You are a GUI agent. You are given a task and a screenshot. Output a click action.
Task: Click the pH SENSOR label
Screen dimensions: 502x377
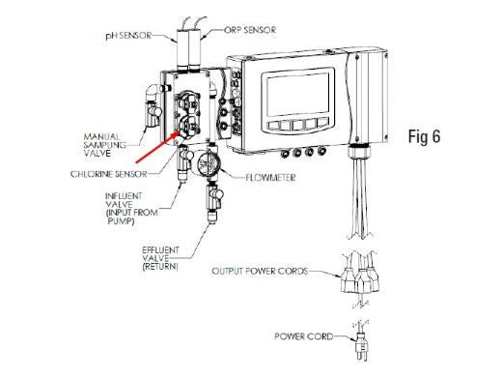point(128,35)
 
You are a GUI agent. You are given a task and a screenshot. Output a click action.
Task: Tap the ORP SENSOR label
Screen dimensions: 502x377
point(250,30)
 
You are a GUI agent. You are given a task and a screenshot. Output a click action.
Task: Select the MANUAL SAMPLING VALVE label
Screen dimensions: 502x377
point(105,145)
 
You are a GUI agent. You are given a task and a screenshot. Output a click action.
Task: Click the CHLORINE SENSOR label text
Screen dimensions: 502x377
point(109,174)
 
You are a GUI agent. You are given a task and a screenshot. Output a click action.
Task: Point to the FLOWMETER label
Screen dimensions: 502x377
point(270,178)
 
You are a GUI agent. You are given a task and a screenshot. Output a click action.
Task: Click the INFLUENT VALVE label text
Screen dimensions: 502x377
point(131,209)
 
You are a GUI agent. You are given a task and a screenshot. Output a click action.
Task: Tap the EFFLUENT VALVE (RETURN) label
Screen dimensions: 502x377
point(160,258)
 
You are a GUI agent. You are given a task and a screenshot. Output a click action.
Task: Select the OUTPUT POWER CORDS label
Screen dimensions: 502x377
point(260,271)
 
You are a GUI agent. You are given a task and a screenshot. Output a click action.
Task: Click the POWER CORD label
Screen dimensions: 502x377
point(303,336)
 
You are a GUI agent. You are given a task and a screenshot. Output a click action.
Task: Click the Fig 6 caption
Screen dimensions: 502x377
point(424,136)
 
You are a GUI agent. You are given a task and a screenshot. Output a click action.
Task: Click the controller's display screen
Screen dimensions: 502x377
point(298,95)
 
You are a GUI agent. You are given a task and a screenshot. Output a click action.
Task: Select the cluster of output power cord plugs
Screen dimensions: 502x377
point(360,278)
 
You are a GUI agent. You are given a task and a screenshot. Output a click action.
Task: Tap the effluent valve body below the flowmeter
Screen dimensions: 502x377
point(213,196)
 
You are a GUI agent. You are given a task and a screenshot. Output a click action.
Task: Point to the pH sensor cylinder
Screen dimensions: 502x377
point(182,49)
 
